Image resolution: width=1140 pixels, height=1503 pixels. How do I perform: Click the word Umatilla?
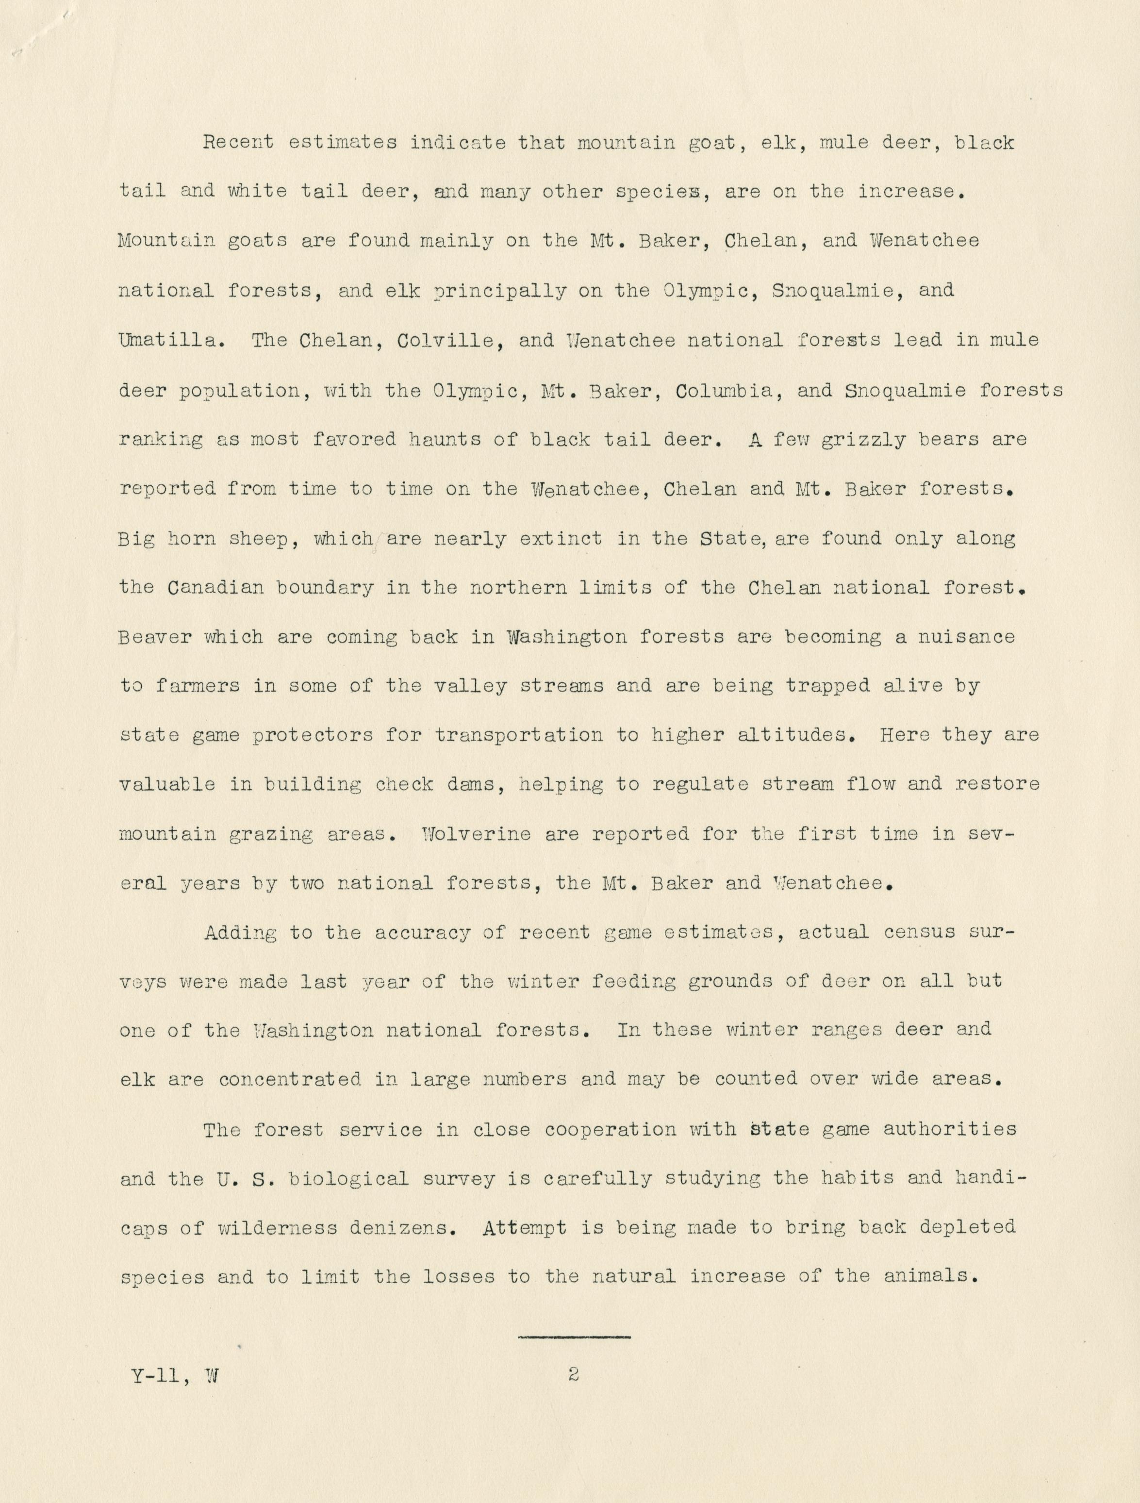click(170, 340)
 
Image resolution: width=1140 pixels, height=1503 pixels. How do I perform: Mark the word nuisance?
click(966, 637)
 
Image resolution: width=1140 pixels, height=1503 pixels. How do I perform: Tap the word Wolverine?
click(475, 834)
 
